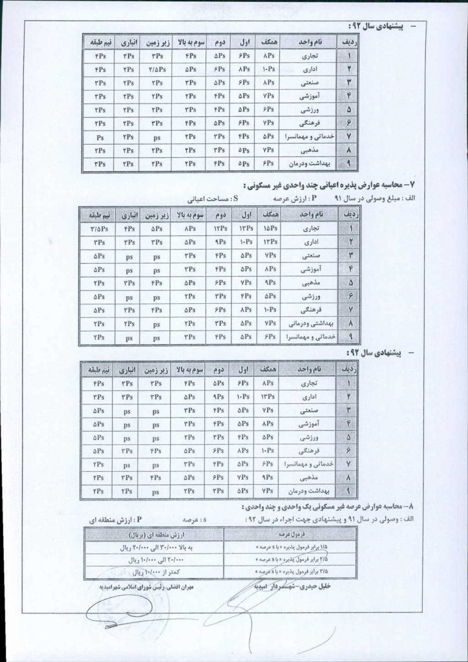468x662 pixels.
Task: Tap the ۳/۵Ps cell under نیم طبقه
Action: click(x=99, y=228)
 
